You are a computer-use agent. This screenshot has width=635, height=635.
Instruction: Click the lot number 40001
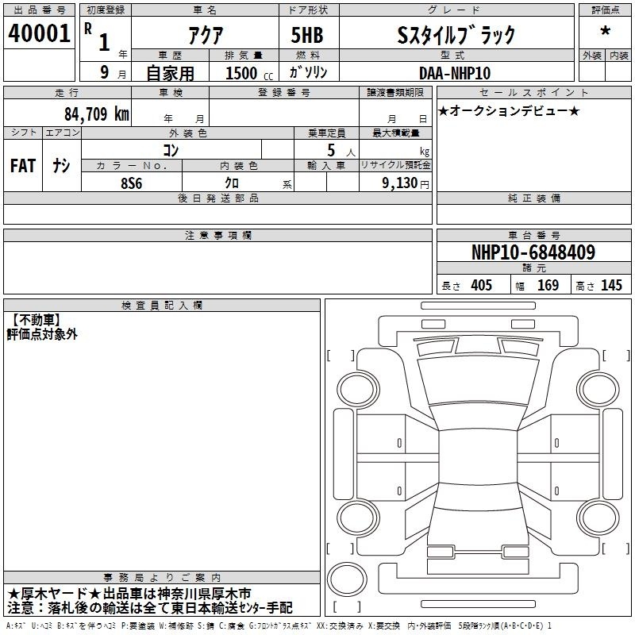(x=39, y=33)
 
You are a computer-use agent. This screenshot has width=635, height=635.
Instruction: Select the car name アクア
(x=206, y=35)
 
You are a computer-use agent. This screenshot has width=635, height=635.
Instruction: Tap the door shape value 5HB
(x=307, y=35)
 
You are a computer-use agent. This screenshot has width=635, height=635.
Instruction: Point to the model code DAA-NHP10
(x=454, y=73)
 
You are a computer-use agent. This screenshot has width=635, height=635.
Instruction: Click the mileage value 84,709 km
(x=96, y=114)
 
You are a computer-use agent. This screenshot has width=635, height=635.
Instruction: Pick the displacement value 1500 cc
(x=249, y=73)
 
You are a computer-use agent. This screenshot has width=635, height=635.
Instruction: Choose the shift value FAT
(x=23, y=166)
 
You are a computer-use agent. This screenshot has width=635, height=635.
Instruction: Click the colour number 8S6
(x=132, y=183)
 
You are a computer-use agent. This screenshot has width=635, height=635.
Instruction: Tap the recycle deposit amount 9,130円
(x=406, y=183)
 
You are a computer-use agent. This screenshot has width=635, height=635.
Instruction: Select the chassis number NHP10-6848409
(x=533, y=252)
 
